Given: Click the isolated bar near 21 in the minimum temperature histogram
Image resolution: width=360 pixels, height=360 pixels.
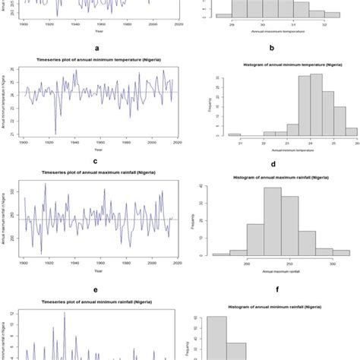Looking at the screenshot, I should point(235,135).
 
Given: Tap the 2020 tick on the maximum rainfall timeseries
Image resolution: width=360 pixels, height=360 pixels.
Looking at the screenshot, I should point(176,263).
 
